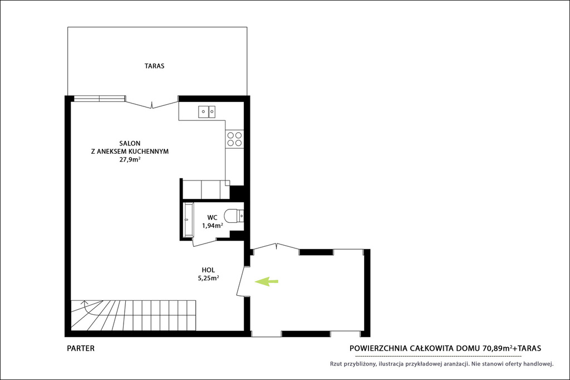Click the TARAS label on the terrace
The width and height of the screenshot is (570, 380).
click(x=155, y=66)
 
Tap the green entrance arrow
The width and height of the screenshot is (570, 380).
click(x=267, y=281)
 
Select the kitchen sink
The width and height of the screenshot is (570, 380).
click(x=207, y=112)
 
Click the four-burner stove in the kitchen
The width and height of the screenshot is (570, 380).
click(x=234, y=139)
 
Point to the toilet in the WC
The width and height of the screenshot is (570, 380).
click(x=233, y=216)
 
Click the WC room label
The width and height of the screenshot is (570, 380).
click(x=212, y=218)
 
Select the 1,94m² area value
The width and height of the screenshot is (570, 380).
click(x=213, y=226)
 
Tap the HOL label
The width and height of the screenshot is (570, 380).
click(x=208, y=270)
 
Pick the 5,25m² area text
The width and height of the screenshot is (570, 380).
click(x=208, y=279)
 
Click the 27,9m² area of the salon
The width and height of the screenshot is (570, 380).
click(x=130, y=159)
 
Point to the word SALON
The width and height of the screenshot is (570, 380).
click(x=130, y=143)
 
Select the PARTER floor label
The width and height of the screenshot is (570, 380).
click(x=81, y=348)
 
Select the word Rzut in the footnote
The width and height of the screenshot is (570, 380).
click(x=336, y=364)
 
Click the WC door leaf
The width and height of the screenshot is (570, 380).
click(x=205, y=243)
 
